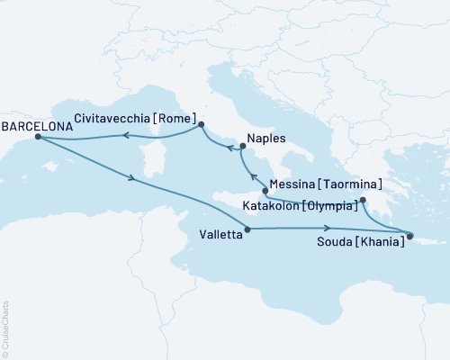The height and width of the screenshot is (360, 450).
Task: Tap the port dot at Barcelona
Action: pyautogui.click(x=37, y=138)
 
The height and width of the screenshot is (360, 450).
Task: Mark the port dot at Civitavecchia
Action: pyautogui.click(x=201, y=125)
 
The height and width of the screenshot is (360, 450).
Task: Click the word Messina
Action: pyautogui.click(x=294, y=184)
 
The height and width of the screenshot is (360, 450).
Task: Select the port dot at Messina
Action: pyautogui.click(x=264, y=191)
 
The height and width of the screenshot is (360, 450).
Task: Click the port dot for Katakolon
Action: pyautogui.click(x=363, y=201)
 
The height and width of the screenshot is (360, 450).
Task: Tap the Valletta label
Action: pyautogui.click(x=220, y=237)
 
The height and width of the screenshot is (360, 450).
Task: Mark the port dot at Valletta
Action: pyautogui.click(x=247, y=229)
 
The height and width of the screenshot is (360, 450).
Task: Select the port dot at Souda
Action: pyautogui.click(x=410, y=237)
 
